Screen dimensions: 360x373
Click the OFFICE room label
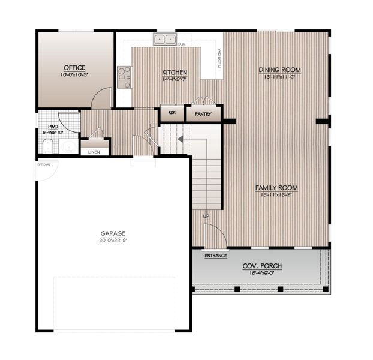pos(74,68)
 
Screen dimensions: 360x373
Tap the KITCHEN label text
pos(175,73)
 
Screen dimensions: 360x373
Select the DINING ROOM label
pos(279,70)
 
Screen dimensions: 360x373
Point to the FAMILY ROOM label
pos(276,188)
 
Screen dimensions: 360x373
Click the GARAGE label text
pos(113,233)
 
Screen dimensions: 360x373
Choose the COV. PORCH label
pos(262,266)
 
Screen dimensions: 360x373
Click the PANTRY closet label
pos(203,114)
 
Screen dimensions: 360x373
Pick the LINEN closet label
pos(94,152)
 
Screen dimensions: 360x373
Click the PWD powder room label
pos(53,127)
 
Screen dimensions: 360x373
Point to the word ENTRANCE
pos(216,256)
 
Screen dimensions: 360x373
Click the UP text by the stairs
pos(206,216)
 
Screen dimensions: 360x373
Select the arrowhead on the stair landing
pos(178,140)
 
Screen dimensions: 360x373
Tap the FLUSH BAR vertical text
pos(220,58)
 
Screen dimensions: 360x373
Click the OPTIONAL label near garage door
pos(44,164)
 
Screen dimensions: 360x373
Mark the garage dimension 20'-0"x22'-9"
pos(113,240)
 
